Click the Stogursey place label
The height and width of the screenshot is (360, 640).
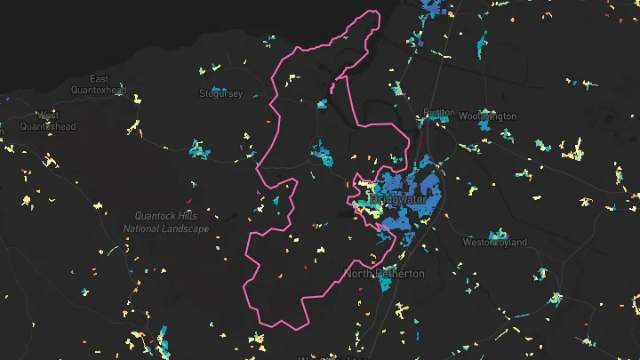coord(221,93)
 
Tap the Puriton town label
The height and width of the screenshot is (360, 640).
coord(439,114)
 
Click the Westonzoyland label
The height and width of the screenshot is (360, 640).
coord(495,242)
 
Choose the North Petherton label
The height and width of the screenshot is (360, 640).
coord(384,273)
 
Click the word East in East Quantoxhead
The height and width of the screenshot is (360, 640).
coord(98,78)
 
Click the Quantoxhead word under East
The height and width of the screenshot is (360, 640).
coord(98,90)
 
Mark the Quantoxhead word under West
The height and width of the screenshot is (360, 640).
coord(48,126)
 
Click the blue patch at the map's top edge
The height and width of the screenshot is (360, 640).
coord(432,7)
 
